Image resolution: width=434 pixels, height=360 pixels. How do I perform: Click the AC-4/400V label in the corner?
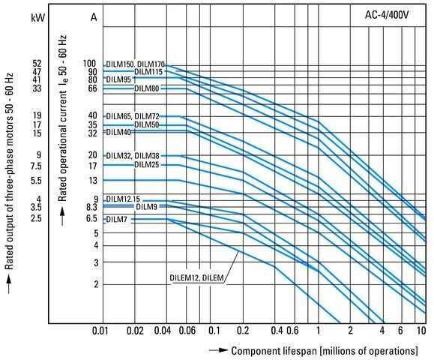click(x=387, y=15)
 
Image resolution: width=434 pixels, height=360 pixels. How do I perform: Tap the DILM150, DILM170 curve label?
click(x=136, y=64)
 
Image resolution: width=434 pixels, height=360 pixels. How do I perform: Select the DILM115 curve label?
click(x=148, y=72)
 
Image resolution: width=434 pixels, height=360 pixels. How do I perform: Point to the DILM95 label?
click(x=118, y=79)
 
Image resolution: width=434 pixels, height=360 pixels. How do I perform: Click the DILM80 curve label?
click(x=147, y=88)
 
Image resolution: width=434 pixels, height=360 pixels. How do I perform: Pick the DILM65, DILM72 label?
click(x=133, y=116)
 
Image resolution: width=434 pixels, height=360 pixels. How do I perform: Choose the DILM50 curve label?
click(x=147, y=125)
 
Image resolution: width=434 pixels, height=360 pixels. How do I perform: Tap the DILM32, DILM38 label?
click(x=133, y=156)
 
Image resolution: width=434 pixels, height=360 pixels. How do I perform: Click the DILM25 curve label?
click(x=147, y=165)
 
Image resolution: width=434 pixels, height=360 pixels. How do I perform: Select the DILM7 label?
click(x=116, y=220)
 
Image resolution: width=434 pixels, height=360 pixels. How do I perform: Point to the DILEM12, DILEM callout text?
click(x=196, y=277)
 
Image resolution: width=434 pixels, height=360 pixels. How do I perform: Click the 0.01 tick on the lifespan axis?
click(x=100, y=331)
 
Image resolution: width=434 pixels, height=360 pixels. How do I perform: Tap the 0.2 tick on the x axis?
click(x=243, y=331)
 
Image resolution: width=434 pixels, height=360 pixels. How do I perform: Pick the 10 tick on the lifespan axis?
click(x=421, y=331)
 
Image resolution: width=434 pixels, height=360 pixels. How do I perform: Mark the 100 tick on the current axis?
click(x=89, y=64)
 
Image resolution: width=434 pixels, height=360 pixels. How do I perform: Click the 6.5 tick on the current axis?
click(x=91, y=219)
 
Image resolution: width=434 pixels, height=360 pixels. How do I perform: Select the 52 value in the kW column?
click(x=37, y=64)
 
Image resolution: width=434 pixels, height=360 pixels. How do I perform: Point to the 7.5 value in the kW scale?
click(x=36, y=166)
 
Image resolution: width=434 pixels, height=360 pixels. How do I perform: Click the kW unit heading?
click(x=37, y=18)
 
